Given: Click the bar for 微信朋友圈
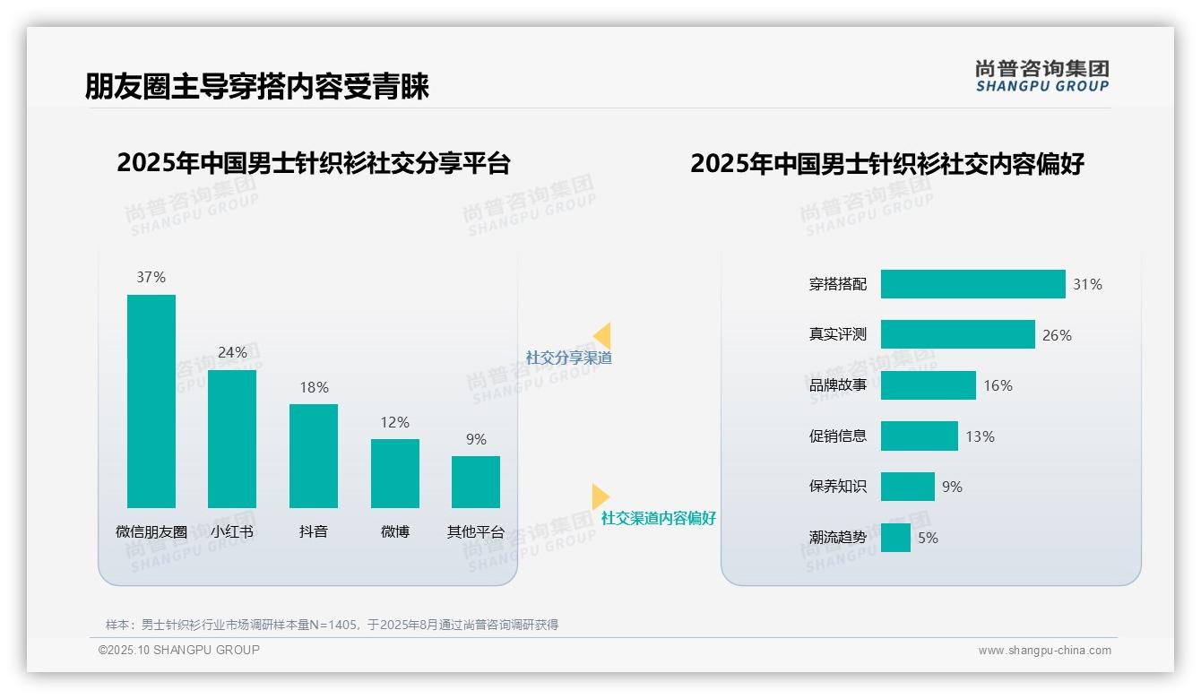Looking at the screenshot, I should [x=151, y=401].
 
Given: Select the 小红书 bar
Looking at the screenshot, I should [x=232, y=438].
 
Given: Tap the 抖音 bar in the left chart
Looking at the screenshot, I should [x=314, y=455].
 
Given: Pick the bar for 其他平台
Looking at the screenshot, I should [x=476, y=481].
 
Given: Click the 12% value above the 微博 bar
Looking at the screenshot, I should [x=394, y=422].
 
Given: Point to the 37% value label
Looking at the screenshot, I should [x=151, y=277].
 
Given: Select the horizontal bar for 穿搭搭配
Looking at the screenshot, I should [x=972, y=284].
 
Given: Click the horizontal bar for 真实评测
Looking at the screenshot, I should [x=957, y=334].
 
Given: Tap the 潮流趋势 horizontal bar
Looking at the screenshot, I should [x=895, y=538].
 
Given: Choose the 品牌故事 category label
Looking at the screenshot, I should [x=838, y=385].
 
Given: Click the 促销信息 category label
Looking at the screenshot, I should [x=838, y=436].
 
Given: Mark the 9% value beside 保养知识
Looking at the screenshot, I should [x=952, y=487].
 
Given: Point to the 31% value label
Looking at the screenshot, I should [x=1087, y=284].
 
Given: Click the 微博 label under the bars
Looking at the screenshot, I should [x=394, y=531].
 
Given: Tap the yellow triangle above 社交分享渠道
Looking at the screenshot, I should [x=602, y=336].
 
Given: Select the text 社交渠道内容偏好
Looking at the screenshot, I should [x=659, y=518].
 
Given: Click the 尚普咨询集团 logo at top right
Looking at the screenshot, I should [x=1042, y=75].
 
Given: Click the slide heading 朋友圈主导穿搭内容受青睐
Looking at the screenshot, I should [x=257, y=86].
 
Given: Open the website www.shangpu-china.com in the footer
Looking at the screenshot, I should [x=1044, y=651].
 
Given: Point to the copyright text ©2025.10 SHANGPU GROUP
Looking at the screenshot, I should [x=179, y=650].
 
